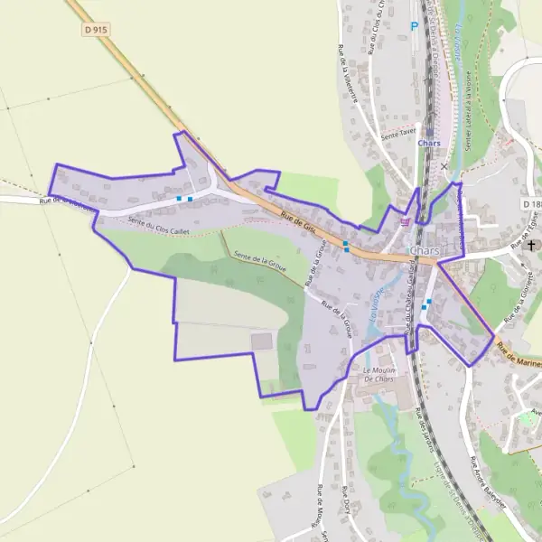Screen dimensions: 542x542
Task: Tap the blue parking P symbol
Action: coord(415,26)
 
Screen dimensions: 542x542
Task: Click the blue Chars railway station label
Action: coord(429,143)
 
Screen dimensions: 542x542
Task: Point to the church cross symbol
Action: coord(531,245)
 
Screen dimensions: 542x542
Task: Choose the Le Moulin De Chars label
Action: coord(380,374)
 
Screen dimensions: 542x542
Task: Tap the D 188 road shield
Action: coord(532,205)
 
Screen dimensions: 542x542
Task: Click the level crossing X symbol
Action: coord(444,166)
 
